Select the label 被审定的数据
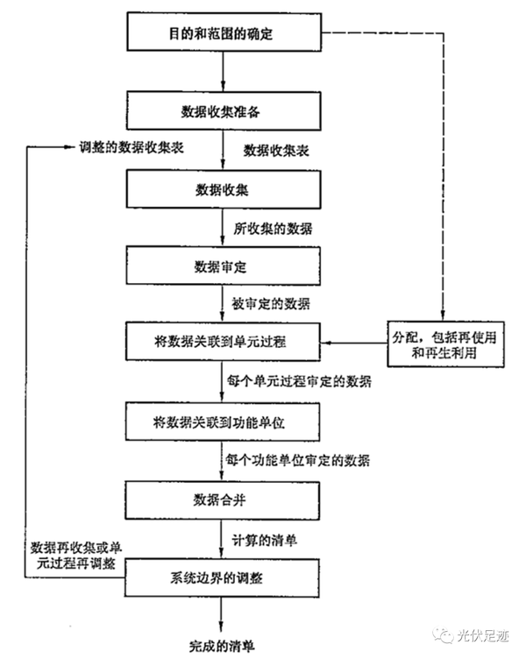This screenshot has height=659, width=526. [270, 303]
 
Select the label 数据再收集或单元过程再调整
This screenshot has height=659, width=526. [74, 553]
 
